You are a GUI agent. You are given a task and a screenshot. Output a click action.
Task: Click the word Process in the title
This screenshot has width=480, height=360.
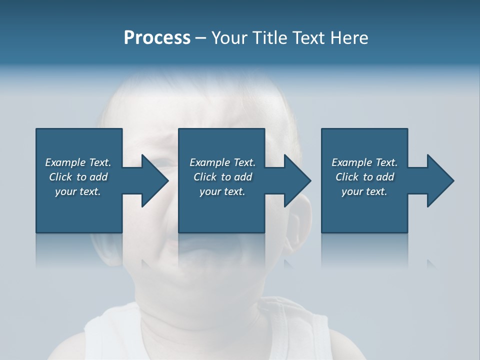coord(157,38)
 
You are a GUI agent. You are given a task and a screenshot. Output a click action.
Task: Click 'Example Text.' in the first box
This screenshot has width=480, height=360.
coord(78,162)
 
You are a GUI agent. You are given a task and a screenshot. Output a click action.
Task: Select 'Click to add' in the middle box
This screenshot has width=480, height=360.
coord(222,177)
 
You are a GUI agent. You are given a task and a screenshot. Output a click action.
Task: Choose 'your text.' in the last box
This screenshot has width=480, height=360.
coord(364,191)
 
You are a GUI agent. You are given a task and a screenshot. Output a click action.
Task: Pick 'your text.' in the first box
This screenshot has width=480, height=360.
coord(78,191)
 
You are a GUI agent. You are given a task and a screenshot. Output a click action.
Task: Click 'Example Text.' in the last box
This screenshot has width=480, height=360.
coord(364,162)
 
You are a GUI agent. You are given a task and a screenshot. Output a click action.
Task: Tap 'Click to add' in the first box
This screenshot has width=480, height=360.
coord(78,177)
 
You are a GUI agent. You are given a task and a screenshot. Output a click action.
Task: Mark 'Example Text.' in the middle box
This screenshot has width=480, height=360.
coord(222,162)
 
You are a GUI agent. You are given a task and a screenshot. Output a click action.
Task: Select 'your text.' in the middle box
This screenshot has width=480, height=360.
coord(222,191)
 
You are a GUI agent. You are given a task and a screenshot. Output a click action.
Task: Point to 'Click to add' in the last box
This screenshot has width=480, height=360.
coord(364,177)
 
